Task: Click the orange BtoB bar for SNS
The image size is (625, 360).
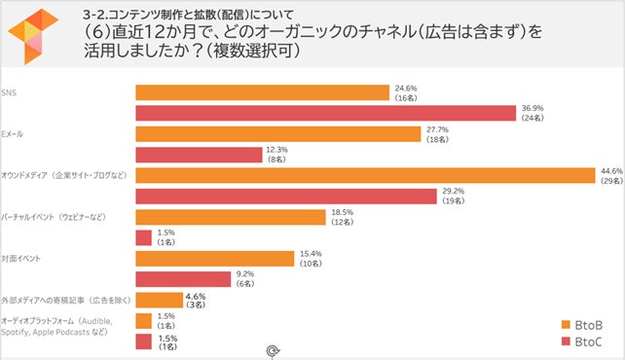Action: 262,92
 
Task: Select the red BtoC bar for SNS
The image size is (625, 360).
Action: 324,114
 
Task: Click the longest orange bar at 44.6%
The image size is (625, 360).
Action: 364,175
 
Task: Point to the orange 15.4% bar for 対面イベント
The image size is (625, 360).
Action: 213,258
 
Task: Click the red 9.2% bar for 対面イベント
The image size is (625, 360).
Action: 181,278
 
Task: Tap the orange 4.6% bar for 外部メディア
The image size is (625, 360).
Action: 157,300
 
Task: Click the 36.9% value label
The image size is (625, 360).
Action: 533,109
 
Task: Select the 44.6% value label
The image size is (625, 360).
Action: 611,170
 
